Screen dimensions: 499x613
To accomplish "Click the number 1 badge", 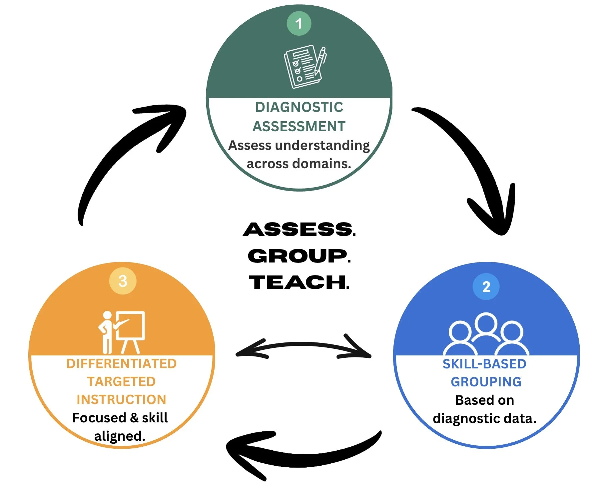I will pyautogui.click(x=299, y=23).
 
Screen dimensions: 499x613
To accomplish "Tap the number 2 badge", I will pyautogui.click(x=486, y=286).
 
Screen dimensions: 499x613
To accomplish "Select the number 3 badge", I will pyautogui.click(x=123, y=281).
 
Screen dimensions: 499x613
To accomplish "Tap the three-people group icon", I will pyautogui.click(x=486, y=334).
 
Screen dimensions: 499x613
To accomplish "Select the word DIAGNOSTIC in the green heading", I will pyautogui.click(x=299, y=107).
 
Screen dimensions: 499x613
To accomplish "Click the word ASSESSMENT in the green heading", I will pyautogui.click(x=299, y=127).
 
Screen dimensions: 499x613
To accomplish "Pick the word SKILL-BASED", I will pyautogui.click(x=484, y=364).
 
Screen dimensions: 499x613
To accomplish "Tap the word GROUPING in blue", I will pyautogui.click(x=486, y=382).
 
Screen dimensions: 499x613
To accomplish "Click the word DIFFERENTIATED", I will pyautogui.click(x=121, y=364).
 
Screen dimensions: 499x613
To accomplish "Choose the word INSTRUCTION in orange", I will pyautogui.click(x=121, y=400).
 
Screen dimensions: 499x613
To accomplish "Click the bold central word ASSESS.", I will pyautogui.click(x=299, y=230).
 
